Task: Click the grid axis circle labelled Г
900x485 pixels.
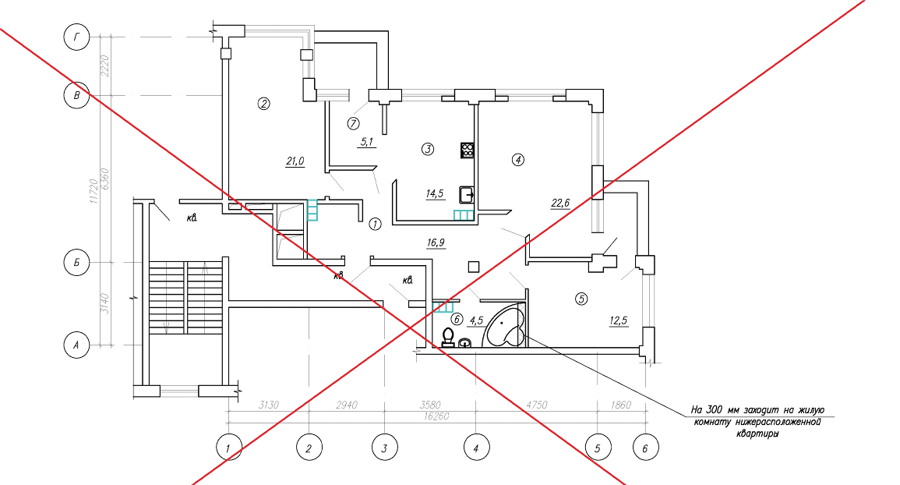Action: [76, 37]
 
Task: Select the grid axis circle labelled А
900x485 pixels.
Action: [76, 344]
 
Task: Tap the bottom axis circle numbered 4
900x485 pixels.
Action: [475, 448]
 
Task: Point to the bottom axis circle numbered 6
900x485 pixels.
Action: [645, 448]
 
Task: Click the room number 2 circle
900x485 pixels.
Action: [264, 103]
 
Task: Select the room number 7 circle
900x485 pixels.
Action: [354, 123]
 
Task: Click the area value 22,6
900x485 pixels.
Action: [560, 204]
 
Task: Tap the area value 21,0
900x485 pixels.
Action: [295, 161]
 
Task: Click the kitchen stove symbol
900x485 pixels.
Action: [468, 150]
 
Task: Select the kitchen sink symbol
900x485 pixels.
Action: [466, 195]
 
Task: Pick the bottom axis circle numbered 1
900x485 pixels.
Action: [228, 448]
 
